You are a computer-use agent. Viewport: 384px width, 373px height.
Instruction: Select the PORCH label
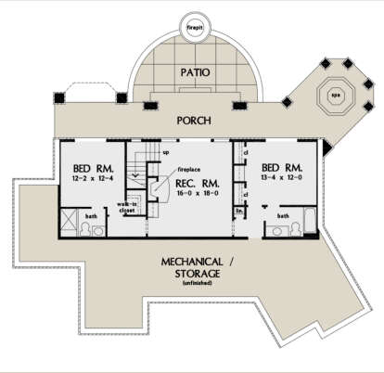193,121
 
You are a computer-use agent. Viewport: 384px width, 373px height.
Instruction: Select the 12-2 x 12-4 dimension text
90,178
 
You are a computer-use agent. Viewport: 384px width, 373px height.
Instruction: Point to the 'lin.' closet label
239,212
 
